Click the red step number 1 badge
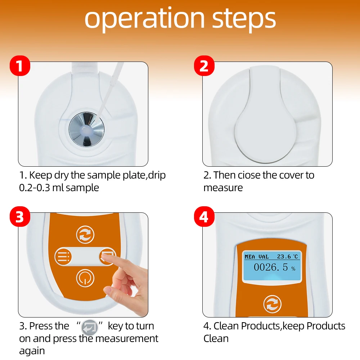pos(20,66)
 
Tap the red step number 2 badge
pos(204,66)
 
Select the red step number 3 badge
pos(20,216)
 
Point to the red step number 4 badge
pos(204,216)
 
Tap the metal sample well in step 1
pos(86,130)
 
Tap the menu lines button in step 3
pos(63,256)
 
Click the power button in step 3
pos(85,278)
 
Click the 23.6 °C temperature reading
pos(287,256)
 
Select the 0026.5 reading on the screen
pos(271,267)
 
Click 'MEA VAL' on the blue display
pos(256,257)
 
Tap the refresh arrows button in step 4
pos(272,304)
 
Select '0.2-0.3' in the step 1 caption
pos(35,188)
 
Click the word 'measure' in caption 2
pos(223,188)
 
